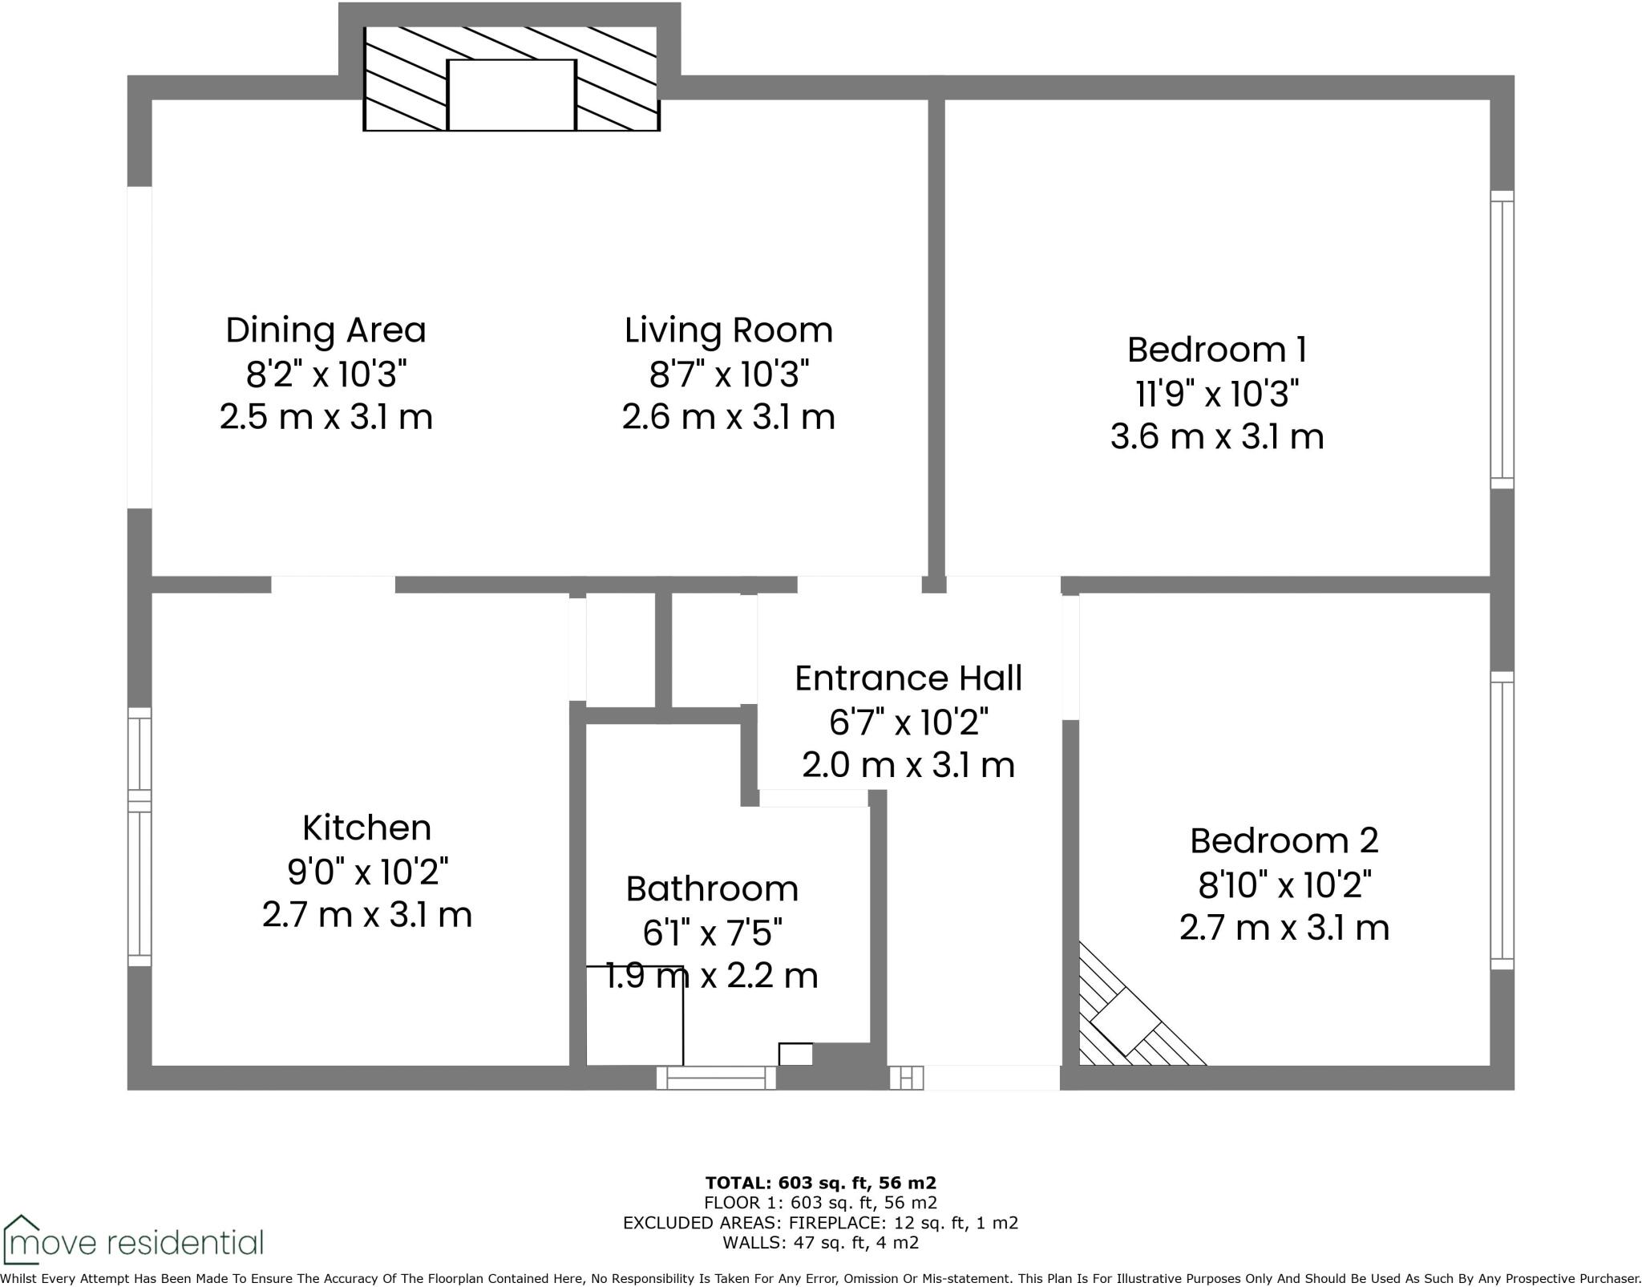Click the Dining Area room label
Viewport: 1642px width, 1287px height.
pyautogui.click(x=326, y=330)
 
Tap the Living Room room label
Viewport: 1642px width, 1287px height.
pyautogui.click(x=728, y=330)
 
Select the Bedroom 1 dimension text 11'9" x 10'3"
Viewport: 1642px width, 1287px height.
pyautogui.click(x=1216, y=394)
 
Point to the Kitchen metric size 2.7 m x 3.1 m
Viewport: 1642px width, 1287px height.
pyautogui.click(x=366, y=915)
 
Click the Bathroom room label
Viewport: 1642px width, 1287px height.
pyautogui.click(x=711, y=888)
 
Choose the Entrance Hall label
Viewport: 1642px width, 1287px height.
pyautogui.click(x=908, y=678)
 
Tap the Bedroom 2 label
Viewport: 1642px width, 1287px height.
pyautogui.click(x=1284, y=840)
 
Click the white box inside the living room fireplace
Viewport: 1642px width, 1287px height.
pyautogui.click(x=511, y=95)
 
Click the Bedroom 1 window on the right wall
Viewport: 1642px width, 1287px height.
pyautogui.click(x=1502, y=339)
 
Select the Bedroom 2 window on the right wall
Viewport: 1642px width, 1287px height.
pyautogui.click(x=1502, y=820)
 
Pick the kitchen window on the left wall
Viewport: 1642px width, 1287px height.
pyautogui.click(x=140, y=836)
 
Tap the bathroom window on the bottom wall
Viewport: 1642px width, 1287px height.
pyautogui.click(x=716, y=1078)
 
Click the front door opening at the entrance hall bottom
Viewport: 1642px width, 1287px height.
pyautogui.click(x=991, y=1078)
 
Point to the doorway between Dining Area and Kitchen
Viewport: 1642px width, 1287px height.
pyautogui.click(x=333, y=585)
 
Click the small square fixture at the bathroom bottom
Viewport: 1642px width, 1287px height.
pyautogui.click(x=795, y=1054)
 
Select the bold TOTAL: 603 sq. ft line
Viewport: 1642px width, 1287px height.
pyautogui.click(x=820, y=1182)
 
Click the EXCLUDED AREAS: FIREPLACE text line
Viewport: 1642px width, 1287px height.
pyautogui.click(x=820, y=1223)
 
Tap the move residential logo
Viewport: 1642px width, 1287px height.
pyautogui.click(x=132, y=1242)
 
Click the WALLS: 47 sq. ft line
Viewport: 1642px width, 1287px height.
pyautogui.click(x=820, y=1243)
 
